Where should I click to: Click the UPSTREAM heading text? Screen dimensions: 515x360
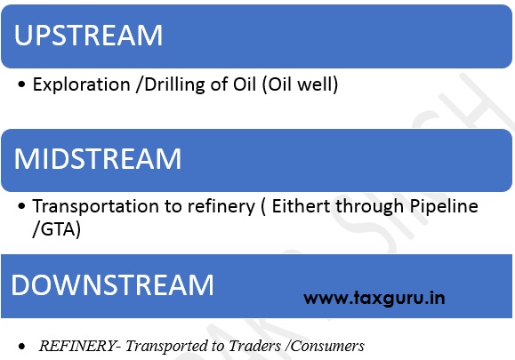coord(88,36)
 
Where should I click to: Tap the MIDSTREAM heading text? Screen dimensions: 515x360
coord(98,159)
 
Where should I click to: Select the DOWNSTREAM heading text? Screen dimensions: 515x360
coord(112,284)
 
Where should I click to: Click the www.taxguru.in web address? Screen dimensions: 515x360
coord(374,299)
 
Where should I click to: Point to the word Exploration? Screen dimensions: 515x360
coord(82,85)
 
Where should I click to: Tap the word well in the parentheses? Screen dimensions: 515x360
coord(316,84)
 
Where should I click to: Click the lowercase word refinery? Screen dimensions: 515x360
coord(221,207)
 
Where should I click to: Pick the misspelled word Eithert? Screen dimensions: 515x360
coord(301,207)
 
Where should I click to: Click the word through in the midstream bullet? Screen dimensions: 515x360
coord(369,207)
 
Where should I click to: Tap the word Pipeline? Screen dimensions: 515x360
coord(444,207)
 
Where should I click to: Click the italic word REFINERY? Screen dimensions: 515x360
coord(77,346)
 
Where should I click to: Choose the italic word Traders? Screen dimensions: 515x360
coord(255,346)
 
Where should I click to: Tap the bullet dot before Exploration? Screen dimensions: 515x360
coord(21,84)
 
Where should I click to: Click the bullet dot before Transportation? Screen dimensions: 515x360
coord(21,206)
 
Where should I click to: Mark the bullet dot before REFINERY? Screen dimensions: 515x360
coord(21,346)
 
